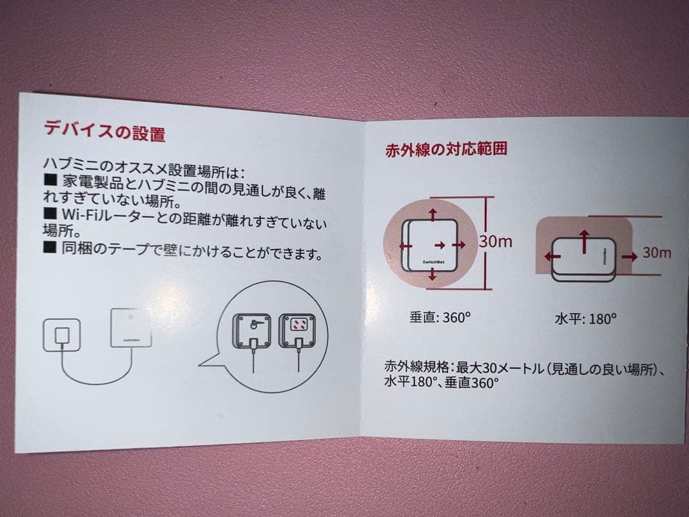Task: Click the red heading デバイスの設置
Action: coord(105,131)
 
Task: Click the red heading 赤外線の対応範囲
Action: coord(446,149)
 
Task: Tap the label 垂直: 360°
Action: coord(440,317)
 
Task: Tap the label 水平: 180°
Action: coord(586,318)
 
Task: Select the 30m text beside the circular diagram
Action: coord(495,241)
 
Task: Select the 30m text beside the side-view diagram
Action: coord(657,252)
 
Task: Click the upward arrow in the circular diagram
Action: coord(433,214)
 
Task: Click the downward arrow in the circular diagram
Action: coord(433,274)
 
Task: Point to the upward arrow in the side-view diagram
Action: coord(584,241)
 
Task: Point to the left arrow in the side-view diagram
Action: coord(552,256)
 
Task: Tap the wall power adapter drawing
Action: coord(61,335)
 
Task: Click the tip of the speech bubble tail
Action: coord(199,364)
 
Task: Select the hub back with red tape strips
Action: coord(297,331)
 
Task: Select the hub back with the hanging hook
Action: coord(252,331)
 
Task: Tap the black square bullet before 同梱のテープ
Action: coord(50,247)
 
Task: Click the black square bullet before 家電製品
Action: coord(51,179)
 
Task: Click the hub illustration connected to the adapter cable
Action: coord(131,327)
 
